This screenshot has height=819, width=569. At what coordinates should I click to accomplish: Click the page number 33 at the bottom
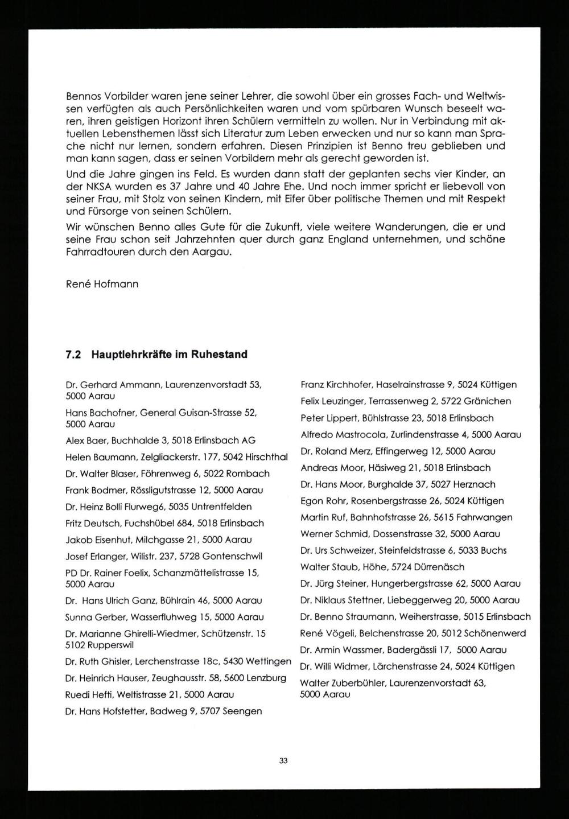[x=284, y=760]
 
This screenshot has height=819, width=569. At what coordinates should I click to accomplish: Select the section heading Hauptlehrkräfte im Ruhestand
[x=169, y=355]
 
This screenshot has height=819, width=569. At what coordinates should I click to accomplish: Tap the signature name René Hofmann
[x=102, y=283]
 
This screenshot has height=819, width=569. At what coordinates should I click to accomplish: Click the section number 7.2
[x=74, y=355]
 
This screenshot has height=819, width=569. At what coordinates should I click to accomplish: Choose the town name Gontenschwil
[x=234, y=556]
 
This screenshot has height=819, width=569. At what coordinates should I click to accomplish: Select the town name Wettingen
[x=267, y=661]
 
